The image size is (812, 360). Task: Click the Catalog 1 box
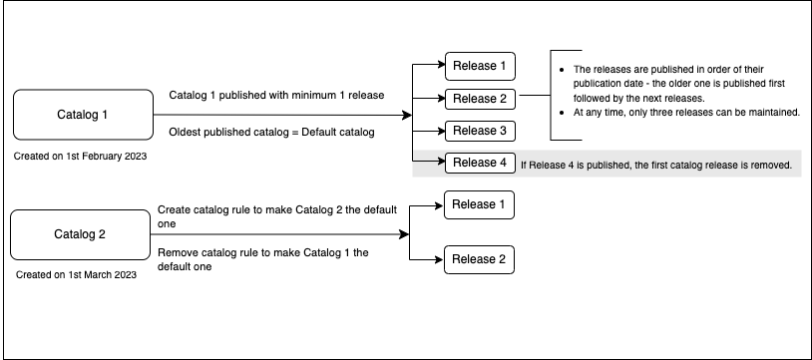(77, 115)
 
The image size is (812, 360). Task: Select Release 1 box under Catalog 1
(480, 67)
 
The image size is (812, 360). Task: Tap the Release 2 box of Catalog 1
(480, 99)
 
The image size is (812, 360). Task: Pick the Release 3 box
(480, 131)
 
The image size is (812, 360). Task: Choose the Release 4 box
(480, 163)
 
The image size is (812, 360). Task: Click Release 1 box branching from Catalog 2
(480, 204)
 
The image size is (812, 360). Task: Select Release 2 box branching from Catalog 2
(480, 259)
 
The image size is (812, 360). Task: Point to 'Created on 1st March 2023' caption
(77, 274)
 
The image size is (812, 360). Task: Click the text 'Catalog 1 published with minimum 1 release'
(276, 95)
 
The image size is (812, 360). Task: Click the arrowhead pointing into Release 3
(440, 131)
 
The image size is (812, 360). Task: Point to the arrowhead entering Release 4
(440, 163)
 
